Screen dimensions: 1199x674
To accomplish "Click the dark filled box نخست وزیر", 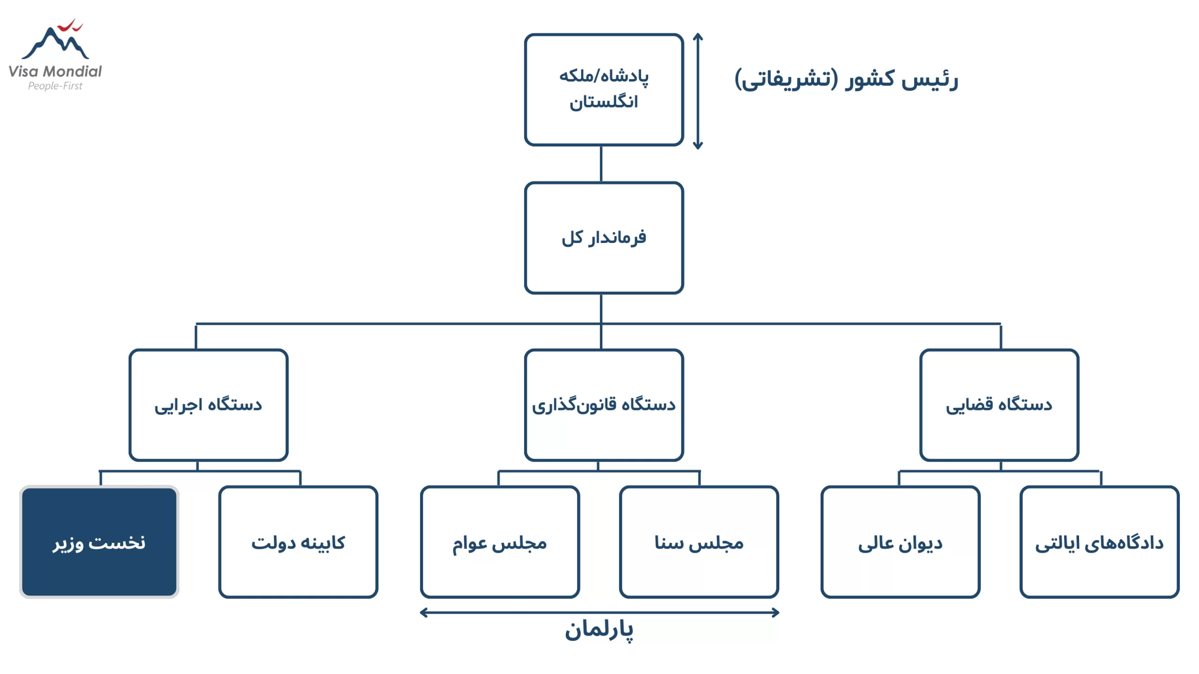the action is tap(99, 542).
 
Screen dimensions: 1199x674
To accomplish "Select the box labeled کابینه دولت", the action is tap(298, 542).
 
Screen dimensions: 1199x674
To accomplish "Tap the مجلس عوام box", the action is tap(500, 542).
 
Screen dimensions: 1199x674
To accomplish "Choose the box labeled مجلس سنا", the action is tap(699, 542).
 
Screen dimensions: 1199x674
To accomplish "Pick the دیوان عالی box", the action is tap(900, 542).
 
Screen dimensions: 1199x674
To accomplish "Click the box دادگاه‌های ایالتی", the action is tap(1099, 542).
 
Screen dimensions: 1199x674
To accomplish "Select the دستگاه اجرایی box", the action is tap(208, 405).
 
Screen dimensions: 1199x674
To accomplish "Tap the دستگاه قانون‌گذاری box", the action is tap(604, 405).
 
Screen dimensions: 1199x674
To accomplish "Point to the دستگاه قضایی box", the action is tap(999, 405).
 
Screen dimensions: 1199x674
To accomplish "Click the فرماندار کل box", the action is tap(604, 238).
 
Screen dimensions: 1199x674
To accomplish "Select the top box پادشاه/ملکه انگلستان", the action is tap(604, 89).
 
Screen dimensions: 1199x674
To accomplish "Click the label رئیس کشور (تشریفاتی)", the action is tap(846, 79).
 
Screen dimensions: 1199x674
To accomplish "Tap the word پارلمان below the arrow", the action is tap(599, 630).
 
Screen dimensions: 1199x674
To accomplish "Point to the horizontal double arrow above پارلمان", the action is tap(599, 612).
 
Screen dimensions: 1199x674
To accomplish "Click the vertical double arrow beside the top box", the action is tap(698, 91).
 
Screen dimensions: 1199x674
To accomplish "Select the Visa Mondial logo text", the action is tap(55, 71).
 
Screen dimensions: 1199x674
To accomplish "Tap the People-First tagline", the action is tap(55, 86).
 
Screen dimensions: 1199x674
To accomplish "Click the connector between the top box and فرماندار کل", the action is tap(601, 164).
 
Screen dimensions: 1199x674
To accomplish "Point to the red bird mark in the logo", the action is tap(71, 25).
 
